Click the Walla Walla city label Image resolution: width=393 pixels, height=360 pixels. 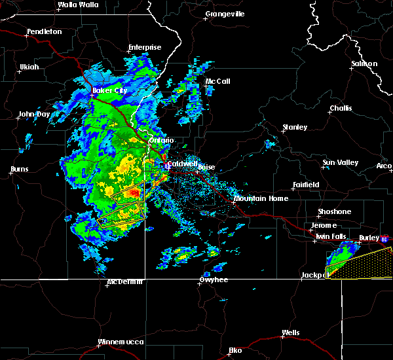click(x=77, y=5)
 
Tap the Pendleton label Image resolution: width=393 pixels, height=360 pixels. click(x=45, y=32)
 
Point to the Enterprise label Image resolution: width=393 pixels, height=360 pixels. click(x=145, y=47)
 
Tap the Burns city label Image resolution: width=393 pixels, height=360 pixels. click(x=19, y=170)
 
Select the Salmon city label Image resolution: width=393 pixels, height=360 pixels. click(x=364, y=63)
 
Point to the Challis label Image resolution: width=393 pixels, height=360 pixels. click(x=341, y=108)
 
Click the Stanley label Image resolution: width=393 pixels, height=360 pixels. click(x=294, y=127)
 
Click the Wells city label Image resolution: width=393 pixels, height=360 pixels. click(x=290, y=333)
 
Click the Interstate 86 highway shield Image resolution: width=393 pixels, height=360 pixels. click(x=384, y=240)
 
